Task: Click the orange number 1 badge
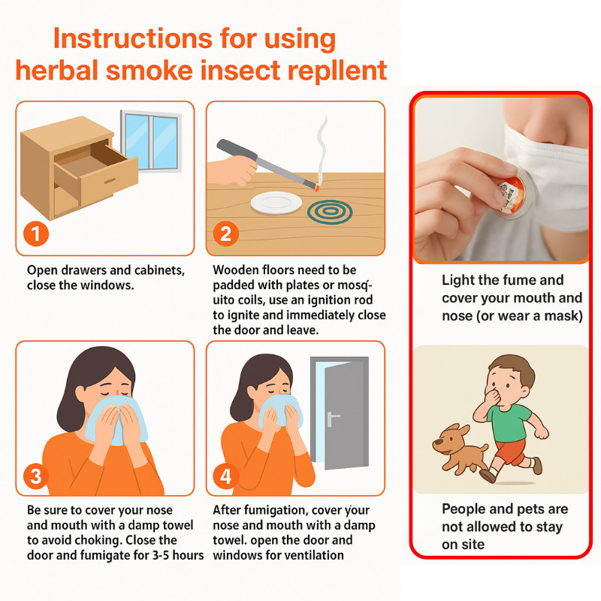pos(35,234)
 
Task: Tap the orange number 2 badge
pos(226,234)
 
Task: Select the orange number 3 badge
pos(35,476)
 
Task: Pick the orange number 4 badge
pos(226,476)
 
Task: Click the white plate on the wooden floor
pos(276,202)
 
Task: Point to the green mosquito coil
pos(330,213)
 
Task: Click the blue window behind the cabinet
pos(152,140)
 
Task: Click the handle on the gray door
pos(332,418)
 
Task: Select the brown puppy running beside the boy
pos(460,446)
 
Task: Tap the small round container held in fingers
pos(512,195)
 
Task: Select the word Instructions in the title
pos(133,38)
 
